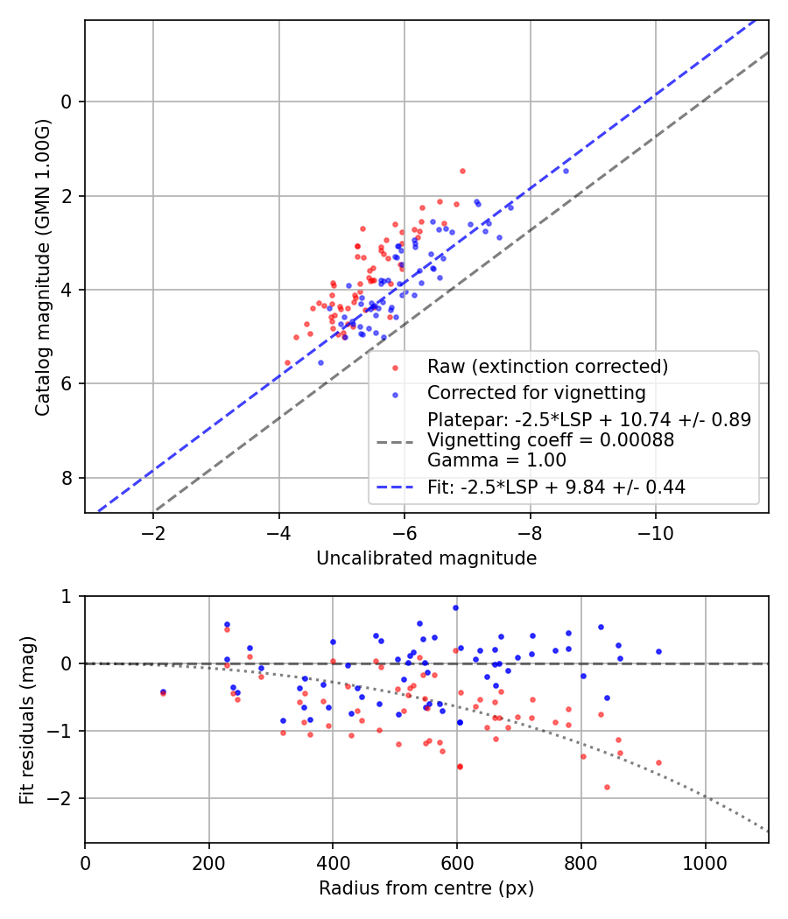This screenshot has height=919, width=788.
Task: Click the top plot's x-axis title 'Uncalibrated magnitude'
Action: [426, 558]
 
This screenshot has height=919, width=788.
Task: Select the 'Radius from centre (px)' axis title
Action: [426, 888]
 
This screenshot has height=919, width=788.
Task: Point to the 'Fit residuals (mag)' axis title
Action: [27, 719]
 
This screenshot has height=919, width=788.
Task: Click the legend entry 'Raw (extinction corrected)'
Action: [547, 366]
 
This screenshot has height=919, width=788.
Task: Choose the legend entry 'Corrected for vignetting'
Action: [536, 392]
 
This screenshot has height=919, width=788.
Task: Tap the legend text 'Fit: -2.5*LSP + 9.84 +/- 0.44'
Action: [556, 488]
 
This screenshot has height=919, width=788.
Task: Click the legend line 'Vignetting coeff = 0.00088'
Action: [551, 440]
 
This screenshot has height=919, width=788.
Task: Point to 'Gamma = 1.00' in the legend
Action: [496, 460]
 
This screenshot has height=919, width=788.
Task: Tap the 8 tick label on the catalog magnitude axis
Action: [67, 478]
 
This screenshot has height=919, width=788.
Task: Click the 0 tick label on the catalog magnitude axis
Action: [67, 102]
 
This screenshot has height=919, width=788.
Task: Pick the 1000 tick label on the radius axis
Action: [706, 863]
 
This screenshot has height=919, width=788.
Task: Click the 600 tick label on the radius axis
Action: [457, 863]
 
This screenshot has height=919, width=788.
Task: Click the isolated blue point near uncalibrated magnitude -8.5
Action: [566, 171]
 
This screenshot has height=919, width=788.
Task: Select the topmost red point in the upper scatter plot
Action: [462, 171]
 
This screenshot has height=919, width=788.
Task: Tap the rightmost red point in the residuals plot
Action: [658, 762]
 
